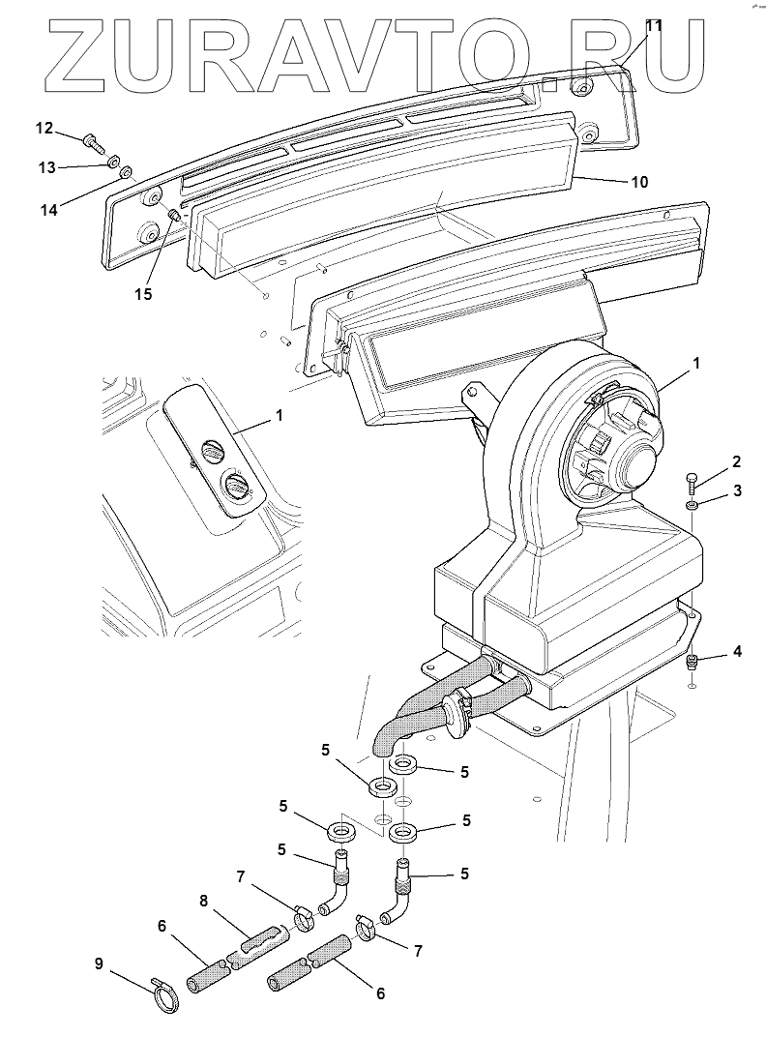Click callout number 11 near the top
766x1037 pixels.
654,26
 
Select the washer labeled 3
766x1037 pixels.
692,505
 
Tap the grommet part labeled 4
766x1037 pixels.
692,663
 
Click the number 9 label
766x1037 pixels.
99,963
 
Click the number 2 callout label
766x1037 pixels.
737,460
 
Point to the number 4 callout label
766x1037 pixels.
737,651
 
